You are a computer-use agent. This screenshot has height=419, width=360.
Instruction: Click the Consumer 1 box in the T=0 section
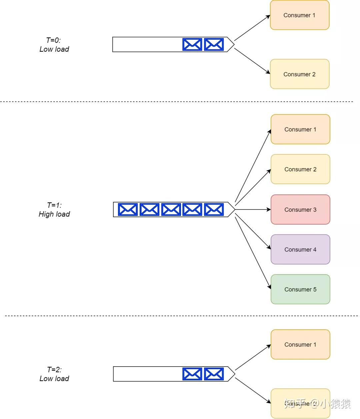(x=299, y=15)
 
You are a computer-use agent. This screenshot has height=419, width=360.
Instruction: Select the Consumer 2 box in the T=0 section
(x=299, y=74)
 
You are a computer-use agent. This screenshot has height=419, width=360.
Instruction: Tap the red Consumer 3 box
(x=300, y=209)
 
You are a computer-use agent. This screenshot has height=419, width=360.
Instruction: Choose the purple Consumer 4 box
(x=300, y=250)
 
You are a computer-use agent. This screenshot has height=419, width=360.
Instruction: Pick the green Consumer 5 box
(x=300, y=289)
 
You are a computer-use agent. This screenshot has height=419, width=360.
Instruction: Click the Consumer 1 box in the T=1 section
(x=300, y=129)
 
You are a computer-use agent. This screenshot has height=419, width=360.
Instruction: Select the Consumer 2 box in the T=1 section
(x=300, y=169)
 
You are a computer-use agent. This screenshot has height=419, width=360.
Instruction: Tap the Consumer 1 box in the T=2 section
(x=300, y=344)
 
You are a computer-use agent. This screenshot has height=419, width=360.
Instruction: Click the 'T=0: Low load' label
(x=54, y=45)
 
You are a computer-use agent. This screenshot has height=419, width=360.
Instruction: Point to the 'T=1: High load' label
(x=54, y=209)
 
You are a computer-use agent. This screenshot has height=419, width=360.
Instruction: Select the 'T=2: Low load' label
(x=54, y=374)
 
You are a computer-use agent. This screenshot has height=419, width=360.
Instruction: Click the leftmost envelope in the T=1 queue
(x=128, y=209)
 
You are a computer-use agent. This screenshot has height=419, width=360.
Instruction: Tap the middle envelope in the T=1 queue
(x=171, y=209)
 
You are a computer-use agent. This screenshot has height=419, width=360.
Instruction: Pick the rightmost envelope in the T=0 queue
(x=214, y=44)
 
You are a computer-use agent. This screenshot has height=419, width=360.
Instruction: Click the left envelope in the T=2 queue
(x=192, y=374)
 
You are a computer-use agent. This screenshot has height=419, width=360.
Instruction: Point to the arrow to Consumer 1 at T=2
(x=253, y=358)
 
